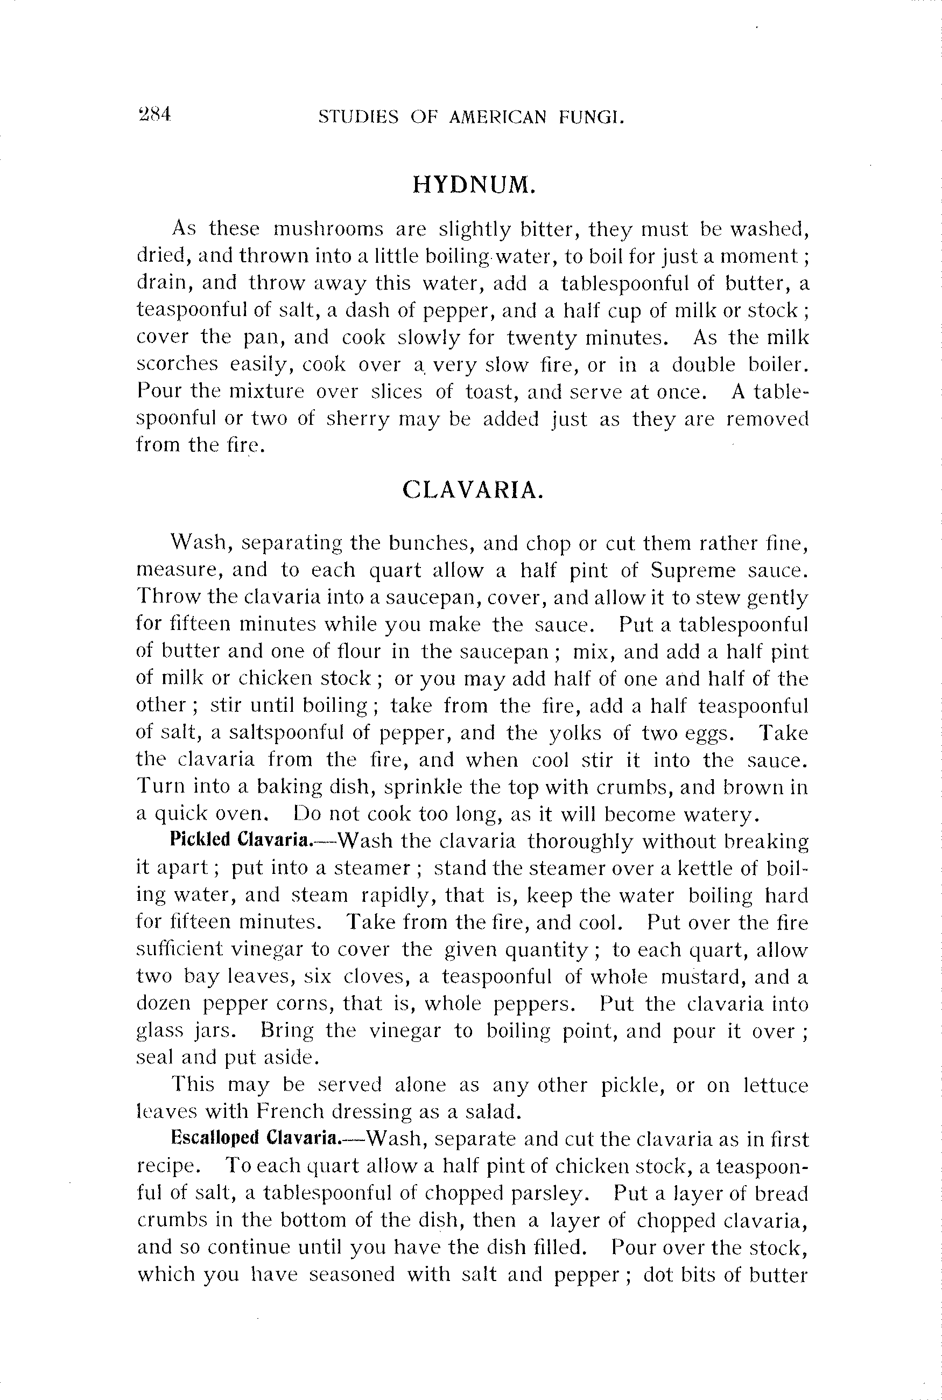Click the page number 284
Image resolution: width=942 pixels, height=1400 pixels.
[x=155, y=114]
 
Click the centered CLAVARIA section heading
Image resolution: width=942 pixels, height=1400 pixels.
[x=473, y=491]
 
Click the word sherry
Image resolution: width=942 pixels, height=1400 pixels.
[x=357, y=419]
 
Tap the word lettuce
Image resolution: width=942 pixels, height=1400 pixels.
[x=776, y=1085]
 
